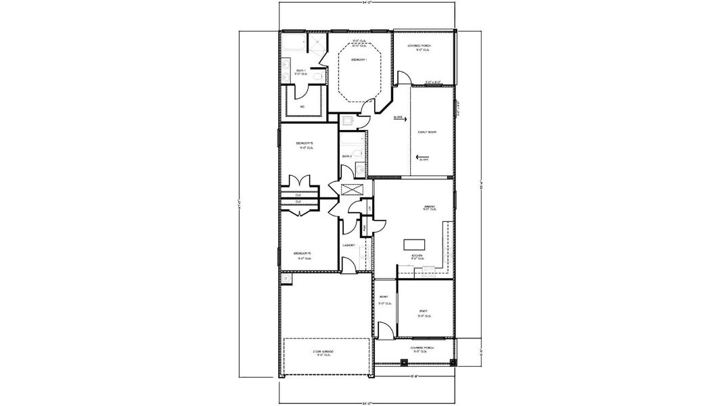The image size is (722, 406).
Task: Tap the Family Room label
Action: click(427, 132)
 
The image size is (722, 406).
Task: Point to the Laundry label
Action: click(349, 245)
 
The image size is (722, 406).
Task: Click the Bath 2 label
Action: click(346, 156)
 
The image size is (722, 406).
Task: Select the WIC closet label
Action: click(302, 107)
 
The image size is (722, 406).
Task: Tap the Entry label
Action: click(384, 296)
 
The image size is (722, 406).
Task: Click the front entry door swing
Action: click(384, 331)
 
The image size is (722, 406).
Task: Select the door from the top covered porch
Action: click(403, 79)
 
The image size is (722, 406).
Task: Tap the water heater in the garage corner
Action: click(286, 277)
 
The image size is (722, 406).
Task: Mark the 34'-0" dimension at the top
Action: click(367, 3)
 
